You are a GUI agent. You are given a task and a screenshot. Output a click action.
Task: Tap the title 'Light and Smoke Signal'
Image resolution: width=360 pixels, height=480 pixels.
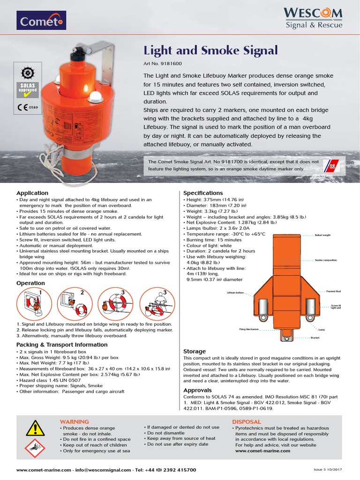point(210,50)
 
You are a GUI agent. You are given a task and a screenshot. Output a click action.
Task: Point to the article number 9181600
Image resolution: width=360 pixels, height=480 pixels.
point(159,63)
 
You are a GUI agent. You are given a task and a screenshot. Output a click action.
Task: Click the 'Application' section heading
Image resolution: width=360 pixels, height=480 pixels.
point(32,193)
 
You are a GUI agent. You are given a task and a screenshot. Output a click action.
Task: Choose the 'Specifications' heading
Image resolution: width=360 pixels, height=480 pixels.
point(203,193)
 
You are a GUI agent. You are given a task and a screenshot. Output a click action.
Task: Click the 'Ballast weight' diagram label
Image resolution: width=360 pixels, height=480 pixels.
point(322,235)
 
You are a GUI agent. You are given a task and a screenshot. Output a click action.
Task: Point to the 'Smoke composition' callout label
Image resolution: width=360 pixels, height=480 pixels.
point(326,260)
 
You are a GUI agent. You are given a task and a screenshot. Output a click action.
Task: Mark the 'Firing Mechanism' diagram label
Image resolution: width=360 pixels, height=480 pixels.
point(249,330)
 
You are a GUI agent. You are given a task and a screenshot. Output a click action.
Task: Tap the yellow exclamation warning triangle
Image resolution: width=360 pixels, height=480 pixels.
point(34,427)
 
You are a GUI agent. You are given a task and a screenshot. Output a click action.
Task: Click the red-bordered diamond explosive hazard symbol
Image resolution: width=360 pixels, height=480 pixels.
point(34,449)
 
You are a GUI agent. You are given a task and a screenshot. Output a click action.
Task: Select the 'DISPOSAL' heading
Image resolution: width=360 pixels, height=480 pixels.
point(246,422)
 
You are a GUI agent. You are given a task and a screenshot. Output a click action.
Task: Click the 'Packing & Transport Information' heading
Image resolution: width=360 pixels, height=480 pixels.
point(62,345)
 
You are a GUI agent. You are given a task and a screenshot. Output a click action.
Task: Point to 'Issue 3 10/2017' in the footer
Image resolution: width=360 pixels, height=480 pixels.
point(329,470)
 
